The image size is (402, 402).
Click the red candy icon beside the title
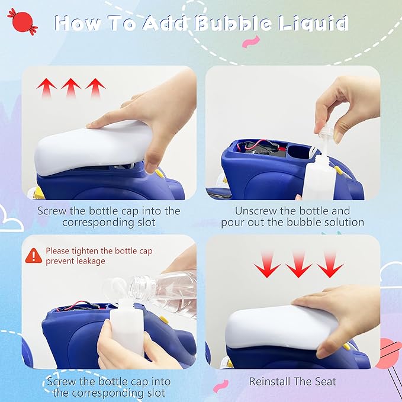(22, 21)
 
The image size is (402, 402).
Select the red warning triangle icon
(33, 256)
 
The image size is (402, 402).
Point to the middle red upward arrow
(71, 88)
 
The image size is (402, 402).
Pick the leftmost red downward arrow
(267, 265)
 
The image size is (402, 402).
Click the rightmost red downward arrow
(330, 265)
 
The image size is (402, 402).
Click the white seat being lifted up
(94, 147)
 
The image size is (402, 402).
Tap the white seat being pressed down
(281, 327)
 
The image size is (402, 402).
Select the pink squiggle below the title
(251, 42)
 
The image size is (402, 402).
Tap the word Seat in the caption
(325, 381)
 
